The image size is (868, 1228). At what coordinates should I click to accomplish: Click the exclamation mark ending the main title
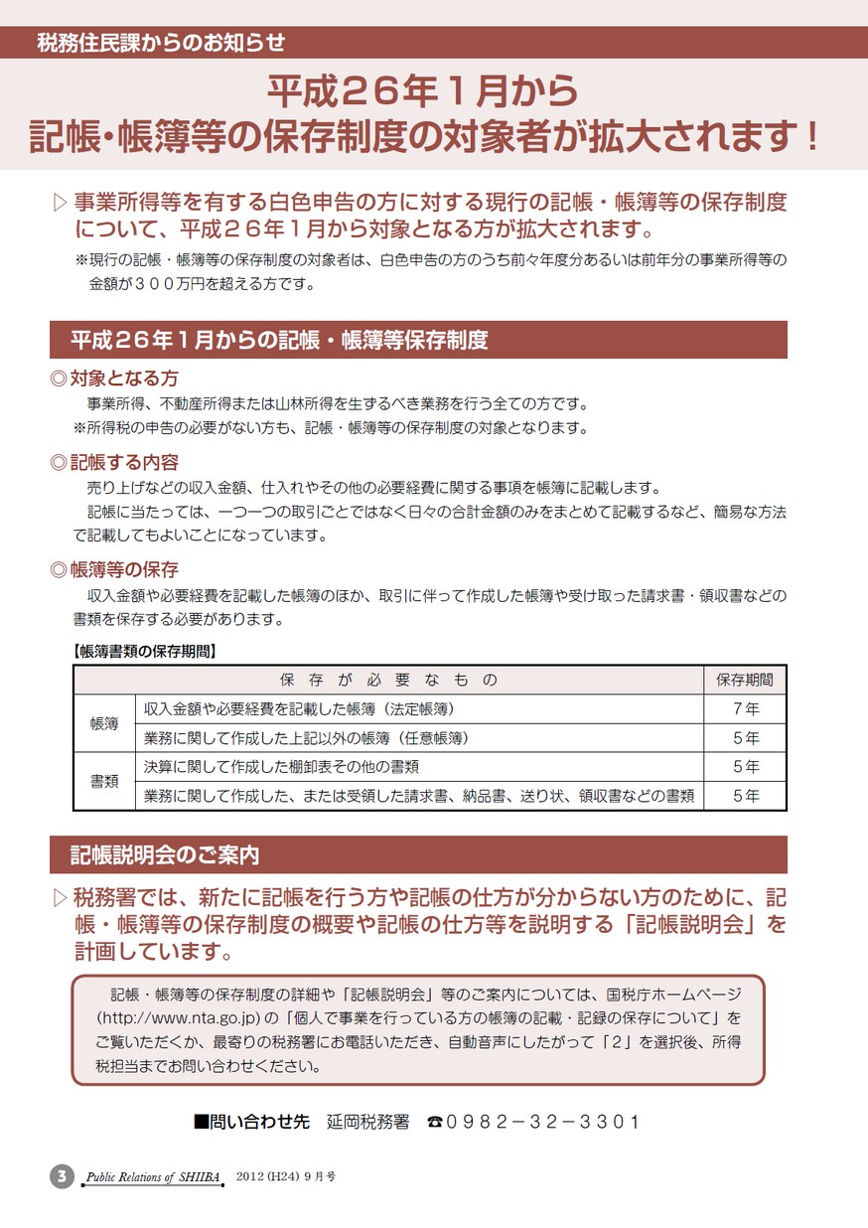[x=812, y=136]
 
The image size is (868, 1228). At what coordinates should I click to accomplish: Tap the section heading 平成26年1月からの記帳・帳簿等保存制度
[x=279, y=341]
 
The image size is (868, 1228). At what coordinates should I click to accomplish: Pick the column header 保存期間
[x=745, y=681]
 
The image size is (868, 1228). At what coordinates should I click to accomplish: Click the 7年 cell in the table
[x=745, y=709]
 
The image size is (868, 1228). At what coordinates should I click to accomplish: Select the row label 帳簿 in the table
[x=104, y=723]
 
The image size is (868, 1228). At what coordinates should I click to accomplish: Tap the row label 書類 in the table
[x=104, y=781]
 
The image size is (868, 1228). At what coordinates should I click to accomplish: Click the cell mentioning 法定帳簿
[x=299, y=709]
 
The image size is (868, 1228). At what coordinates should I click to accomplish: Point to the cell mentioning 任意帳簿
[x=306, y=738]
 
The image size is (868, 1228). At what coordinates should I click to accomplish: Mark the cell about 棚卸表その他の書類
[x=281, y=767]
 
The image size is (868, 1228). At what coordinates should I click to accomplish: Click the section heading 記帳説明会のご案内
[x=165, y=854]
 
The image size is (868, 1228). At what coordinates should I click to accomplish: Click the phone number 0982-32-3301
[x=543, y=1122]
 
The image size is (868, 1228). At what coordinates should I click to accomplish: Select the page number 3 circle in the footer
[x=62, y=1176]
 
